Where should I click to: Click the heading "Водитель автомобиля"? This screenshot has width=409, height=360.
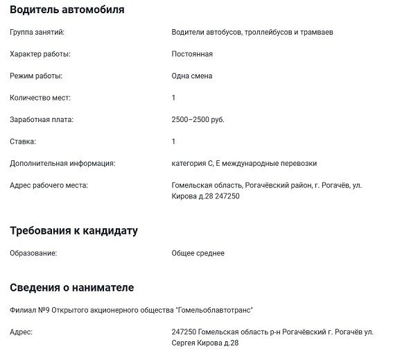[67, 10]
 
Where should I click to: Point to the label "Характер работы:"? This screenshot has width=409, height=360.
[40, 54]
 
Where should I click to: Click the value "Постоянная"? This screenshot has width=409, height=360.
[192, 54]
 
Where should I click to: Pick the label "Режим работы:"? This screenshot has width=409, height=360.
[36, 76]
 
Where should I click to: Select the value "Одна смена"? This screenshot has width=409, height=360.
[192, 76]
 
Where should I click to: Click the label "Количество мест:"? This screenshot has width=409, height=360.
[40, 98]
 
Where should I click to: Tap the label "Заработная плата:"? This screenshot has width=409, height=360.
[41, 119]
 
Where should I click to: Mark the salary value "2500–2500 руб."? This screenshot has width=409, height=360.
[198, 119]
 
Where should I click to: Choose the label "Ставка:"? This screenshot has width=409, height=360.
[23, 142]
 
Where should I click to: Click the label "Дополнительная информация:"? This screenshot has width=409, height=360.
[62, 164]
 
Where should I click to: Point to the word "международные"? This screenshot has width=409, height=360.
[251, 164]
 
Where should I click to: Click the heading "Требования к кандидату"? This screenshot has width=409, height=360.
[74, 230]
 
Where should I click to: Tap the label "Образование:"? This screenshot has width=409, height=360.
[33, 253]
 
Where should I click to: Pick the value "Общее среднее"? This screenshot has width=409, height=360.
[198, 253]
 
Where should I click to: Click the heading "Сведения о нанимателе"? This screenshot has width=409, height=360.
[72, 287]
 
